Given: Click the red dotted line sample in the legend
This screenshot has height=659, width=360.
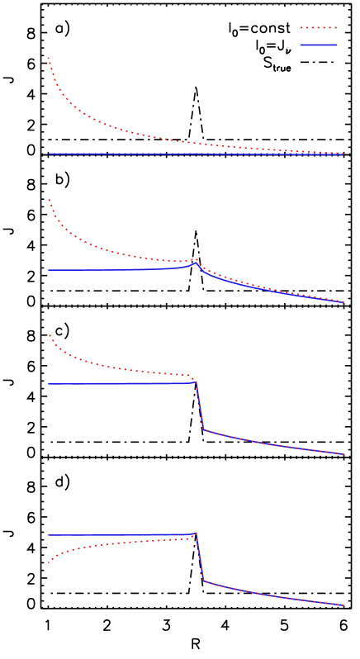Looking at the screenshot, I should click(319, 28).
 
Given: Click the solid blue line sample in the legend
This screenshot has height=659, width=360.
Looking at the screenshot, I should click(319, 45).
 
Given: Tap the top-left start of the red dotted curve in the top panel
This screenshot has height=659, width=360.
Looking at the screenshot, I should click(49, 57).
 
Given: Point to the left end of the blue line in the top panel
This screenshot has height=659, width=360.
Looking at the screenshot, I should click(49, 154).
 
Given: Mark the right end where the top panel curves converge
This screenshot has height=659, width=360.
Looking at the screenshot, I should click(343, 154).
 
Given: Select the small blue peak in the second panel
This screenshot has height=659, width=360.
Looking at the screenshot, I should click(197, 263).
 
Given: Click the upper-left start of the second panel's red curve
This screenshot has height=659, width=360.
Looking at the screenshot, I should click(49, 199).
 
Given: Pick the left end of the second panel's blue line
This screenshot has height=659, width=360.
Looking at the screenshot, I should click(49, 270).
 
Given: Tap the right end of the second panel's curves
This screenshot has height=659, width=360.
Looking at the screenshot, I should click(343, 301).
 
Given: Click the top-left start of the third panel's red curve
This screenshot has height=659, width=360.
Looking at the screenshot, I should click(50, 334).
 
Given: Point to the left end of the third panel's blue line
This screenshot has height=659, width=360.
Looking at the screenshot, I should click(49, 384).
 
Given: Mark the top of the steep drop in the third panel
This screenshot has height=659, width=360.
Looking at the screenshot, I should click(197, 382).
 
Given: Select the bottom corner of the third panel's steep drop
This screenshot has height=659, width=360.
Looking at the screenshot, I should click(204, 429).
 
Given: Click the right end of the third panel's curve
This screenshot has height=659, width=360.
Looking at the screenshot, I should click(343, 453).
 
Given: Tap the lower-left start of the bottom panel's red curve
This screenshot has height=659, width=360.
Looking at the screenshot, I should click(49, 563).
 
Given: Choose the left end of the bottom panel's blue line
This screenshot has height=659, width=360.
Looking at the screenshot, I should click(49, 535).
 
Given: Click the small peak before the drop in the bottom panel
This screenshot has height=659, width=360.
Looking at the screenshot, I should click(197, 533).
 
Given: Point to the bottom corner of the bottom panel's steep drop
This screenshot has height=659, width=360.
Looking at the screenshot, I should click(204, 581).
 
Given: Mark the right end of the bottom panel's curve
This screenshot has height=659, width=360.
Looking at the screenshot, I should click(343, 605).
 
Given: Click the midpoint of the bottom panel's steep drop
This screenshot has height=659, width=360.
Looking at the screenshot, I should click(200, 557).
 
